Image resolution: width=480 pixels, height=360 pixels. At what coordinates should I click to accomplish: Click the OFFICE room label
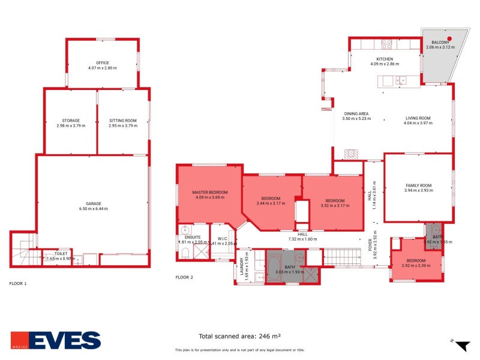[x=102, y=62]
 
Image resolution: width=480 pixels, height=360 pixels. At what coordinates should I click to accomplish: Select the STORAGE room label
[x=71, y=121]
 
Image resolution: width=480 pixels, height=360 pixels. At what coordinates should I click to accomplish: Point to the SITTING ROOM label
[x=122, y=121]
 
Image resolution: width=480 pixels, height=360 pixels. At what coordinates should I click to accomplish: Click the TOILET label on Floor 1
[x=61, y=253]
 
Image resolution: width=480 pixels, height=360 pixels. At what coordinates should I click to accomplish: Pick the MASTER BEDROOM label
[x=210, y=193]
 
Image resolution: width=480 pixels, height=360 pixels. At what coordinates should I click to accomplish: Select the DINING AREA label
[x=356, y=113]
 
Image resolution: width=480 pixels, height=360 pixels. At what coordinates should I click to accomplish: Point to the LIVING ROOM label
[x=418, y=118]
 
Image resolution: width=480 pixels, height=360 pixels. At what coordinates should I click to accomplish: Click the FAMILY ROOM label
[x=418, y=185]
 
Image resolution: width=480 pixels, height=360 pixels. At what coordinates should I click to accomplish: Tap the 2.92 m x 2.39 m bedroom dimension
[x=416, y=265]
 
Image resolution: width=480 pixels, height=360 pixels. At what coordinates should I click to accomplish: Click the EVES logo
[x=56, y=340]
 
